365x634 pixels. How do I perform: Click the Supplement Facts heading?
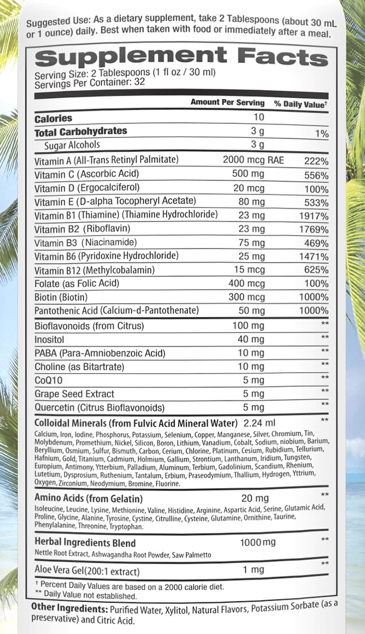180,56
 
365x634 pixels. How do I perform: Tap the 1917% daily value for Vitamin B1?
313,216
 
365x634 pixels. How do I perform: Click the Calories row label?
53,118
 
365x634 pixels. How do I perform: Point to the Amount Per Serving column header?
227,102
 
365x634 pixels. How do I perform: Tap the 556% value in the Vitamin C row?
316,175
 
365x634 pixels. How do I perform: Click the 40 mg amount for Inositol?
251,339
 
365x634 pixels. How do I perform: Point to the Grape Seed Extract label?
74,394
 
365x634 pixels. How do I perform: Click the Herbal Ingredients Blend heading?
85,543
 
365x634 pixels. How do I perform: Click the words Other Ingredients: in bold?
71,609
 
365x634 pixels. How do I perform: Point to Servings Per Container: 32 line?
89,82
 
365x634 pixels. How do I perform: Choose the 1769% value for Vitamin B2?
313,229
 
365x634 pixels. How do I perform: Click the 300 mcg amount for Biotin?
247,297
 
